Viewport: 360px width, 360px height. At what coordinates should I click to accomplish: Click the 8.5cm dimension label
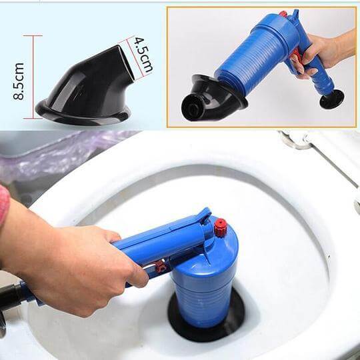pyautogui.click(x=19, y=81)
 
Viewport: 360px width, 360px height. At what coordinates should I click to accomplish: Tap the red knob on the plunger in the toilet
pyautogui.click(x=221, y=228)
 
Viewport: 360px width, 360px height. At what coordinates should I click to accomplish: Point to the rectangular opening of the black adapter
pyautogui.click(x=126, y=63)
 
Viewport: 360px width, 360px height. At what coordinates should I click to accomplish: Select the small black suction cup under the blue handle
pyautogui.click(x=331, y=99)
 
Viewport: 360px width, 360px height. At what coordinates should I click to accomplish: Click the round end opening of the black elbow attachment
pyautogui.click(x=193, y=108)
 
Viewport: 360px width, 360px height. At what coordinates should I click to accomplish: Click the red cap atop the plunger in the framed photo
pyautogui.click(x=283, y=14)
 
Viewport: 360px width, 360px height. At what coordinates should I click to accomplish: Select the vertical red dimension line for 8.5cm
pyautogui.click(x=33, y=77)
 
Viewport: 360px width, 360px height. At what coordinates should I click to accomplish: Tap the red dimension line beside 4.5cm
pyautogui.click(x=135, y=57)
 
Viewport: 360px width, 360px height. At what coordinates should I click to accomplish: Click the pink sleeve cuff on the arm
pyautogui.click(x=4, y=205)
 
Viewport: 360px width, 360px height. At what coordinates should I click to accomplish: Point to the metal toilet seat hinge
pyautogui.click(x=296, y=141)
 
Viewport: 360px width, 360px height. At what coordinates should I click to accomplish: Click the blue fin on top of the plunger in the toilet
pyautogui.click(x=205, y=216)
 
